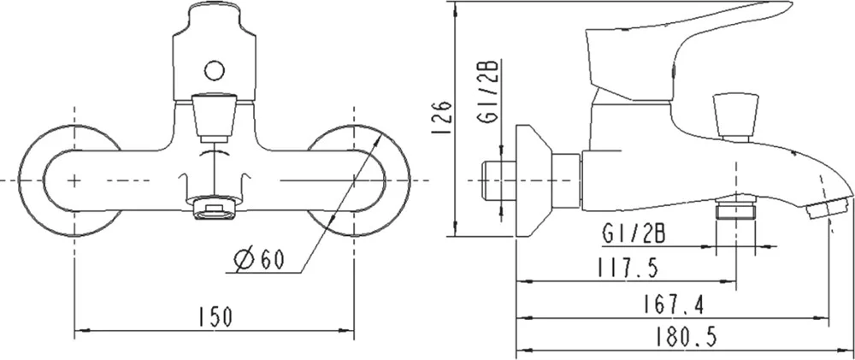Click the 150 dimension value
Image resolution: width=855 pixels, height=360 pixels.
coord(215,317)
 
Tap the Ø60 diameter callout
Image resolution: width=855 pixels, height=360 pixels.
coord(259,259)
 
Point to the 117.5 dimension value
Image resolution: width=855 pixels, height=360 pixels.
coord(628,268)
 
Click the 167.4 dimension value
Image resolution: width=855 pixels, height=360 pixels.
coord(673,304)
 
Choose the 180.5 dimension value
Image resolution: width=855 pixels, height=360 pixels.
coord(686,336)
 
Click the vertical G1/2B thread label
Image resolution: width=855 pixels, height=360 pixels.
coord(487,93)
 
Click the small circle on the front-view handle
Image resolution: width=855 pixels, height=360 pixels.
coord(215,70)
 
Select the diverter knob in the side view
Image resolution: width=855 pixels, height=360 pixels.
coord(736,117)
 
